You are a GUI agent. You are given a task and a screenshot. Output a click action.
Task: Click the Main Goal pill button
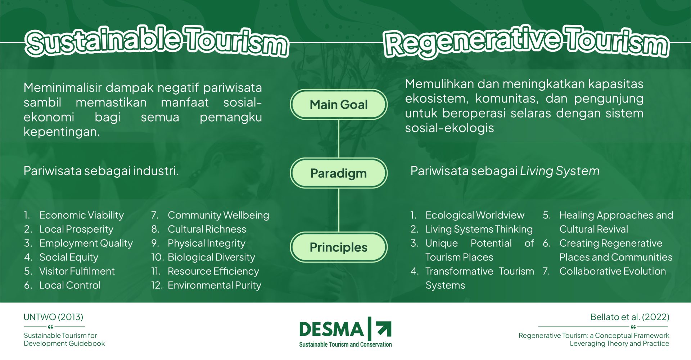339,105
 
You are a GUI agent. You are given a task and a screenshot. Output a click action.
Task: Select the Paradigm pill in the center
339,173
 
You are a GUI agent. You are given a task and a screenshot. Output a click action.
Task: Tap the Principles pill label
339,247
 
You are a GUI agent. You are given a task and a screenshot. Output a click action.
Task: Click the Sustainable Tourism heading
157,41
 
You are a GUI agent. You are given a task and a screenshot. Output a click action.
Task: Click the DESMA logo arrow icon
384,329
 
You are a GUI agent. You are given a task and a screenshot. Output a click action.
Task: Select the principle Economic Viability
81,215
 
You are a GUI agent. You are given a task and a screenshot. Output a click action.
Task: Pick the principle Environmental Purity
214,285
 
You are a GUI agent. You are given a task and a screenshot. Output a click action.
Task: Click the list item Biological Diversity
211,257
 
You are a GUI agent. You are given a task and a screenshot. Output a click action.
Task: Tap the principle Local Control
70,285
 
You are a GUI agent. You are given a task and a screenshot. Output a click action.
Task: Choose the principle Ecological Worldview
475,215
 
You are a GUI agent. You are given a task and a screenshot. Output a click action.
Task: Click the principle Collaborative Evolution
613,271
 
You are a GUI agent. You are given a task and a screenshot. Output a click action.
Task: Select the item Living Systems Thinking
479,229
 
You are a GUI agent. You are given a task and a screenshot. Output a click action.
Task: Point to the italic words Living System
560,171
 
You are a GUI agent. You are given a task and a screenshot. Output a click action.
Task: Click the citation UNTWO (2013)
53,317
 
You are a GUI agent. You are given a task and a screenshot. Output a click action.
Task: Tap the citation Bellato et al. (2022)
630,317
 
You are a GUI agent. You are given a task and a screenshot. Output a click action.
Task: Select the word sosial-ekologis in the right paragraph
450,128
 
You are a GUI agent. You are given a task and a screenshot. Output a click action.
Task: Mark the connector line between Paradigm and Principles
339,210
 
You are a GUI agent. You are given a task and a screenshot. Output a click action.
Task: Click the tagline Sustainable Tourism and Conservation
345,344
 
